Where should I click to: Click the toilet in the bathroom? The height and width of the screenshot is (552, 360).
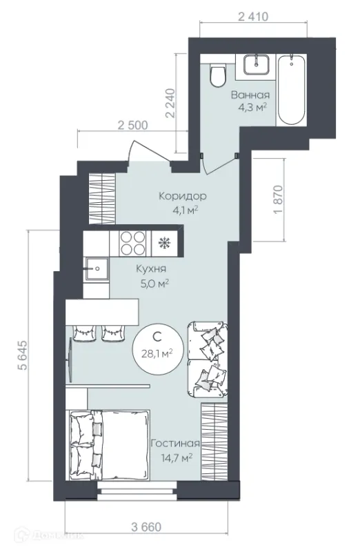pyautogui.click(x=217, y=75)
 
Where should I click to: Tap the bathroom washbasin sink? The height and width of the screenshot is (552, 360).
pyautogui.click(x=257, y=64)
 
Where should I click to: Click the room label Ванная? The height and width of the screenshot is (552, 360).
pyautogui.click(x=250, y=95)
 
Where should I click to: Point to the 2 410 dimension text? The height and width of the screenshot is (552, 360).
pyautogui.click(x=253, y=17)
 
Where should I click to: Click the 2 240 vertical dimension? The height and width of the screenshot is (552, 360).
pyautogui.click(x=170, y=103)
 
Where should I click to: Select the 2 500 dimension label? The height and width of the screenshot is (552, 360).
pyautogui.click(x=132, y=126)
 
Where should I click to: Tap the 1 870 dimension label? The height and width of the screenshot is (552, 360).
pyautogui.click(x=278, y=199)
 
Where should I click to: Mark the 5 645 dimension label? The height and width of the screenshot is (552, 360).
pyautogui.click(x=22, y=355)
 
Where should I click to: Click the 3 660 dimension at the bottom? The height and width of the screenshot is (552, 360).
pyautogui.click(x=146, y=527)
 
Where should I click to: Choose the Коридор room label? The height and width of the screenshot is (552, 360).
pyautogui.click(x=183, y=196)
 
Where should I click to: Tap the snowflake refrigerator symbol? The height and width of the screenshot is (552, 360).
pyautogui.click(x=163, y=243)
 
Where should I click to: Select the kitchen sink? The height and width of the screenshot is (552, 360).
pyautogui.click(x=97, y=269)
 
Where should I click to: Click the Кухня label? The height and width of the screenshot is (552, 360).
pyautogui.click(x=151, y=269)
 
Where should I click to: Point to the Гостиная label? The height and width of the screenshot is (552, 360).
pyautogui.click(x=175, y=444)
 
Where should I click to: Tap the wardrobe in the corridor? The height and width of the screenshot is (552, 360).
pyautogui.click(x=101, y=199)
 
